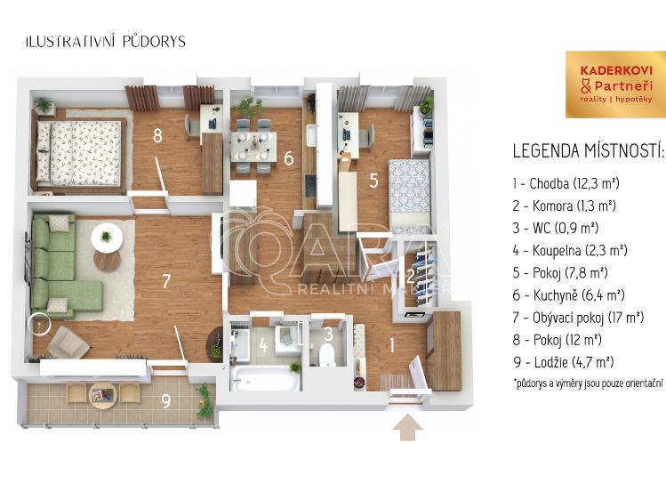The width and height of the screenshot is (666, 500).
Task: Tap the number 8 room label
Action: click(x=157, y=135)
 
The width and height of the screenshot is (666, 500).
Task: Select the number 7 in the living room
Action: click(x=166, y=281)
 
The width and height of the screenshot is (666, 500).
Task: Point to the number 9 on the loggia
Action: click(x=165, y=401)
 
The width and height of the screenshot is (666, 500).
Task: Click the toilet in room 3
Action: click(x=327, y=354)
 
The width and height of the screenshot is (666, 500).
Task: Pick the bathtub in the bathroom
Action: click(x=264, y=378)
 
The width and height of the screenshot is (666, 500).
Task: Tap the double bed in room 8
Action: click(x=81, y=155)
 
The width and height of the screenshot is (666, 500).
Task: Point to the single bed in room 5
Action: click(x=410, y=196)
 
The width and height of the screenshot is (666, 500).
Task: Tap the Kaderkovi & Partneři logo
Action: click(x=615, y=85)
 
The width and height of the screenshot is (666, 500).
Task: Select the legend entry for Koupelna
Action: click(x=570, y=250)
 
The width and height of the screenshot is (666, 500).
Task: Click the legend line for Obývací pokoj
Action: click(x=578, y=318)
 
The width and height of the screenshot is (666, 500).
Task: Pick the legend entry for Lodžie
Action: click(x=563, y=362)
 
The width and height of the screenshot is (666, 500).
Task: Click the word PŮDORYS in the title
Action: click(x=154, y=42)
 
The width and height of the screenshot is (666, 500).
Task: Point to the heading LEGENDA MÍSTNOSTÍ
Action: click(x=588, y=151)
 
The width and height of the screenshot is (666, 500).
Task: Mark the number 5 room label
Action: click(x=373, y=181)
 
